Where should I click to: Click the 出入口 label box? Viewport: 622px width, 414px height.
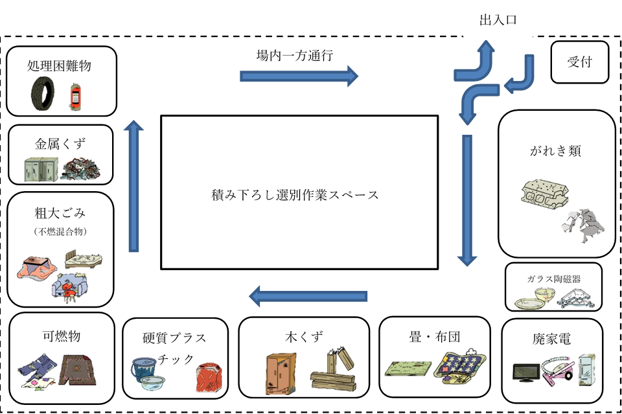pyautogui.click(x=498, y=20)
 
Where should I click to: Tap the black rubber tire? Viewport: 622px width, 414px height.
pyautogui.click(x=43, y=93)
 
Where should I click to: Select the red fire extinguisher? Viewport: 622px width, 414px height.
pyautogui.click(x=76, y=97)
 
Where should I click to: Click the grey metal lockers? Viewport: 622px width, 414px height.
pyautogui.click(x=41, y=169)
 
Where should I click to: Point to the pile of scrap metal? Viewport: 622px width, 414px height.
pyautogui.click(x=81, y=170)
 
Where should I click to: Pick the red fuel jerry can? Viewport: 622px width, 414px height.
pyautogui.click(x=209, y=377)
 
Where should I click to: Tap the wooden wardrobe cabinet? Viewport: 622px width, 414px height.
pyautogui.click(x=281, y=373)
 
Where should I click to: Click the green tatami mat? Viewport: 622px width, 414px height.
pyautogui.click(x=409, y=367)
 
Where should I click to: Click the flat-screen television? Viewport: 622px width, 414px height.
pyautogui.click(x=525, y=373)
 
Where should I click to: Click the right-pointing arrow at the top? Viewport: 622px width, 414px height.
pyautogui.click(x=299, y=76)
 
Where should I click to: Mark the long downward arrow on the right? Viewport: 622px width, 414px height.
pyautogui.click(x=467, y=200)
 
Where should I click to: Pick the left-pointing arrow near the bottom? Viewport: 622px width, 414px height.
pyautogui.click(x=308, y=297)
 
